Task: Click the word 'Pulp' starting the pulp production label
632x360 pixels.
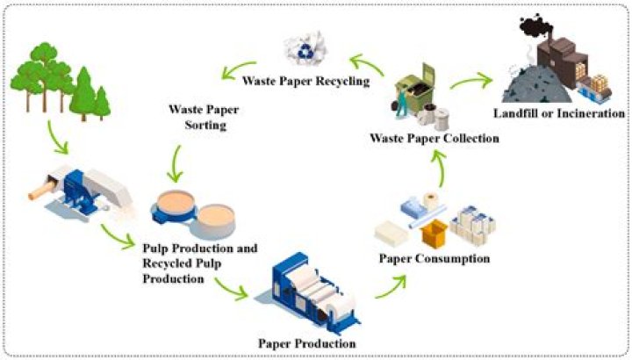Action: point(157,248)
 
